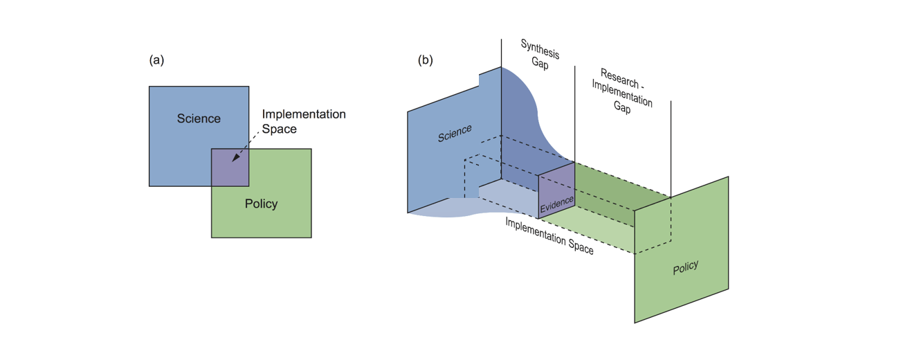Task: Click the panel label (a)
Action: (x=156, y=60)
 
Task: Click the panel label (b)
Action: (x=425, y=60)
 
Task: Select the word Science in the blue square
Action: (x=199, y=118)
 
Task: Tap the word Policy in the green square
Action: (x=261, y=204)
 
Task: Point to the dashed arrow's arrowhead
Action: (x=235, y=159)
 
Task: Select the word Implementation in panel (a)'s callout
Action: (x=304, y=114)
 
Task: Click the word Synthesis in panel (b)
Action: (x=540, y=48)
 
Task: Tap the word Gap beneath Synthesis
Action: (x=540, y=64)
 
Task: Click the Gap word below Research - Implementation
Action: (x=621, y=108)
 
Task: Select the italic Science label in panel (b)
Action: (x=455, y=133)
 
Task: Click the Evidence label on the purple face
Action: (x=556, y=201)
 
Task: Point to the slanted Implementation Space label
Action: (x=549, y=236)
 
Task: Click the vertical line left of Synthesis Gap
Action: (x=501, y=52)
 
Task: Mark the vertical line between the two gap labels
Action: (x=574, y=104)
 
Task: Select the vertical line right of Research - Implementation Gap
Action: (x=671, y=138)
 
